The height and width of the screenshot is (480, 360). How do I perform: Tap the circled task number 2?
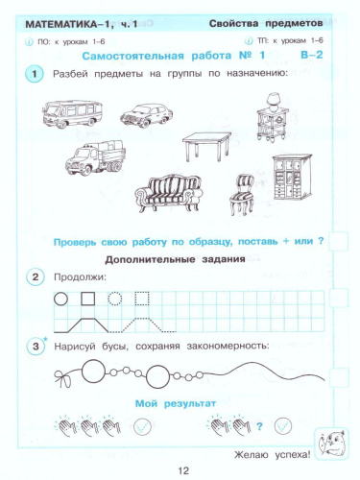36,277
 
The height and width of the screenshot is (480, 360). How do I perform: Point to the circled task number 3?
36,346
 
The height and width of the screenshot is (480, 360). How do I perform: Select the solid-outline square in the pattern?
88,299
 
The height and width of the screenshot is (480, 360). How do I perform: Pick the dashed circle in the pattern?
118,299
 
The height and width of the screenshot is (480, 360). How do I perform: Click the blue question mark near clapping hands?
258,426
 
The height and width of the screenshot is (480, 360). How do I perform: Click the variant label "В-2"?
305,57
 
